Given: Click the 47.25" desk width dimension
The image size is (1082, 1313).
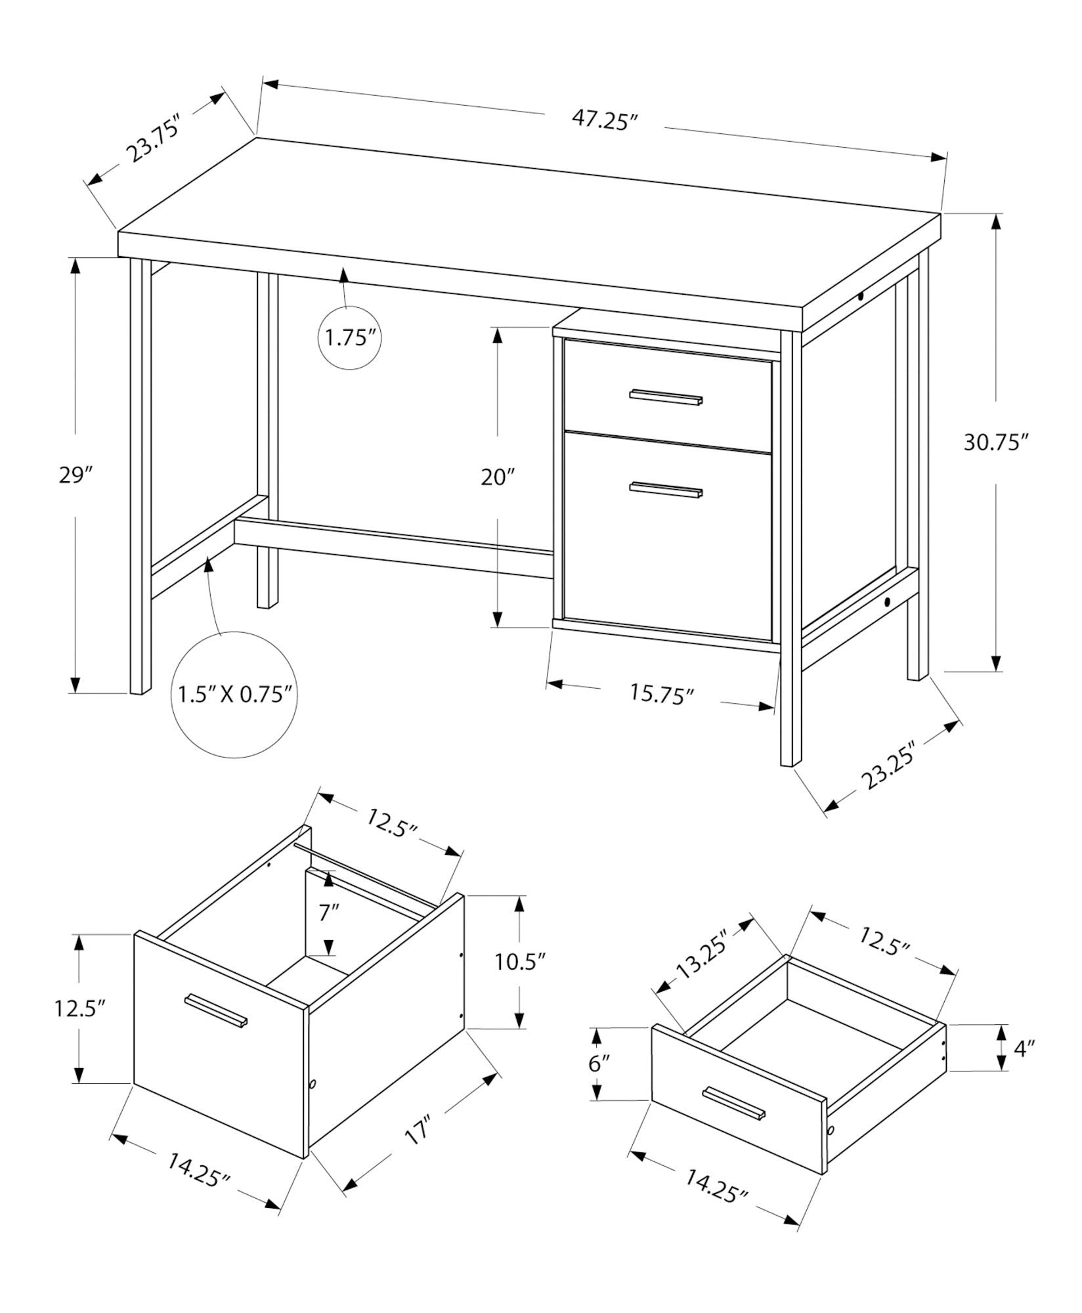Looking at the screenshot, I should click(605, 121).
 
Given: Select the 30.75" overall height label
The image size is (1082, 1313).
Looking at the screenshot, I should click(995, 443).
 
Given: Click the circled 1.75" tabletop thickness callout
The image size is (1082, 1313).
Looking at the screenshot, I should click(351, 339).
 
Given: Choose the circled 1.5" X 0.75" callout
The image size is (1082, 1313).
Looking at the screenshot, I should click(234, 695).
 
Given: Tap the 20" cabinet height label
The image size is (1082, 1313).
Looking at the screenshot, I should click(497, 477).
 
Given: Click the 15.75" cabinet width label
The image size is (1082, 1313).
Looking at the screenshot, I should click(661, 695).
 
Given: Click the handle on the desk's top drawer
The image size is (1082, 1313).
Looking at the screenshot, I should click(666, 397).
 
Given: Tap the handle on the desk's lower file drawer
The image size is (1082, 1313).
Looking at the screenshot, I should click(666, 489).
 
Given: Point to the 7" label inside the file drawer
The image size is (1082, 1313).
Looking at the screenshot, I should click(329, 913).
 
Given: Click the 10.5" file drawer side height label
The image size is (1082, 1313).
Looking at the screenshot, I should click(520, 962).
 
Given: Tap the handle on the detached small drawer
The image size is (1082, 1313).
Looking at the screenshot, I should click(734, 1103).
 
